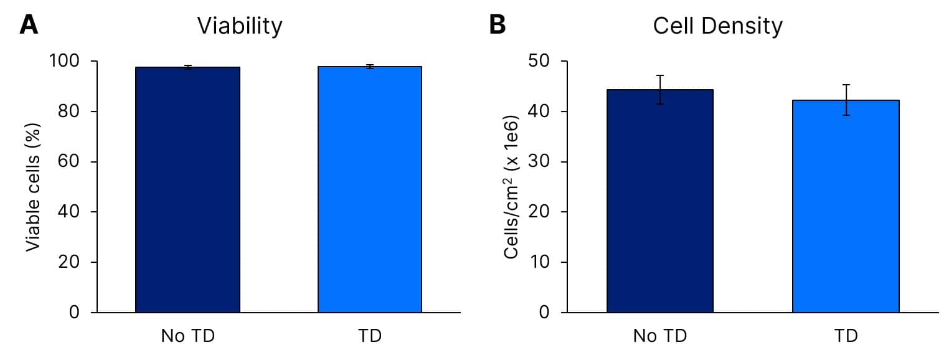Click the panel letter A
(x=29, y=25)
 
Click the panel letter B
(x=498, y=25)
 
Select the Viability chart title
(x=240, y=26)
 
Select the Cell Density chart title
(x=717, y=26)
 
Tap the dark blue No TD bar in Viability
(x=187, y=189)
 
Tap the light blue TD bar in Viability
(x=370, y=189)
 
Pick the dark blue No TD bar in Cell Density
(x=660, y=201)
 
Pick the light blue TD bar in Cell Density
(x=846, y=206)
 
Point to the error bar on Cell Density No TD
(x=660, y=89)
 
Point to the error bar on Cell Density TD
(x=846, y=100)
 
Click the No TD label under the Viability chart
(x=187, y=336)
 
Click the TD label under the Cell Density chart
(x=846, y=336)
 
